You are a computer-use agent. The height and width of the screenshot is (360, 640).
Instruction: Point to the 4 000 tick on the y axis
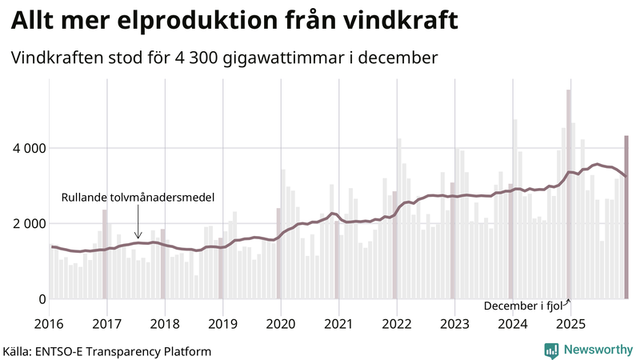point(27,148)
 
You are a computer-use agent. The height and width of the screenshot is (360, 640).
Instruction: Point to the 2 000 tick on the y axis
point(27,223)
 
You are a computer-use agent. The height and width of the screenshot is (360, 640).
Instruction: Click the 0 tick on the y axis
point(40,299)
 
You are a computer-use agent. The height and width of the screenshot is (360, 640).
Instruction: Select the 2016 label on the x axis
point(50,323)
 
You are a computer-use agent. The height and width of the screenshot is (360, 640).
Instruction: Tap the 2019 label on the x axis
point(222,323)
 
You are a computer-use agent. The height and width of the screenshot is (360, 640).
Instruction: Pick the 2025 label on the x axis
point(570,323)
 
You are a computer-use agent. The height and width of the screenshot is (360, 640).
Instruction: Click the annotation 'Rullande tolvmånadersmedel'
point(138,197)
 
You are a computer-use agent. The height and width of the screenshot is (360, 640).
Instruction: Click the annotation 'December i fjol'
point(523,306)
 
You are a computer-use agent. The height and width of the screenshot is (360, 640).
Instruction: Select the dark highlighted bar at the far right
point(626,217)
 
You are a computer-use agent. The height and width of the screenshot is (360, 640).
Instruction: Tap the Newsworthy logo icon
point(551,350)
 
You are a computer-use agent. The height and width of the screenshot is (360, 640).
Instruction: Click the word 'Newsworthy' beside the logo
point(598,350)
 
